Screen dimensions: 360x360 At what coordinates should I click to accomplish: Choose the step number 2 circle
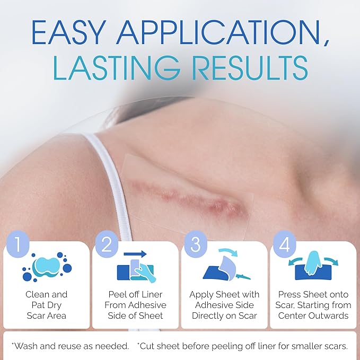point(107,244)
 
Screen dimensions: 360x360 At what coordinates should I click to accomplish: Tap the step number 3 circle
point(195,244)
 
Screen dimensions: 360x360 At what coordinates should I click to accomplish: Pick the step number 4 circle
point(284,244)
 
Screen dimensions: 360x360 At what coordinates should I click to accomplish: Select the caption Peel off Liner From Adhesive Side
point(135,305)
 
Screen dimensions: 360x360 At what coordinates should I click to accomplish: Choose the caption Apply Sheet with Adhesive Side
point(224,305)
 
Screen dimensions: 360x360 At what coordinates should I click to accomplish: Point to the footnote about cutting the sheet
point(242,346)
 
